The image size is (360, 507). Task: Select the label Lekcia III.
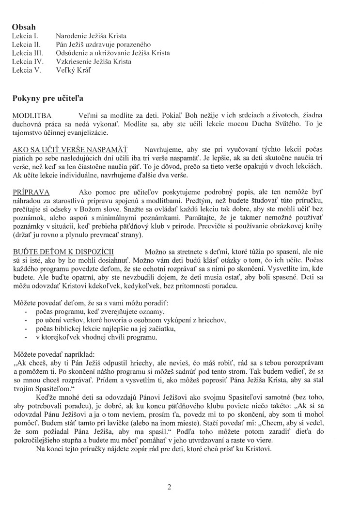click(28, 53)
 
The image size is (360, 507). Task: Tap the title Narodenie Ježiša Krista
click(91, 36)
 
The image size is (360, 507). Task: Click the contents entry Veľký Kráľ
click(73, 70)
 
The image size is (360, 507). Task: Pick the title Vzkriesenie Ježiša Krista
click(94, 62)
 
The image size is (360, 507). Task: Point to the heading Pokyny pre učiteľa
click(48, 98)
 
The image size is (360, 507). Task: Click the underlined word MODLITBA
click(32, 115)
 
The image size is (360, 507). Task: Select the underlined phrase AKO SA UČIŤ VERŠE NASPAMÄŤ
click(70, 150)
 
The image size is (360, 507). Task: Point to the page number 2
click(169, 474)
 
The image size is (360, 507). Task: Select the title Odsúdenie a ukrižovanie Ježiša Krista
click(113, 53)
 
